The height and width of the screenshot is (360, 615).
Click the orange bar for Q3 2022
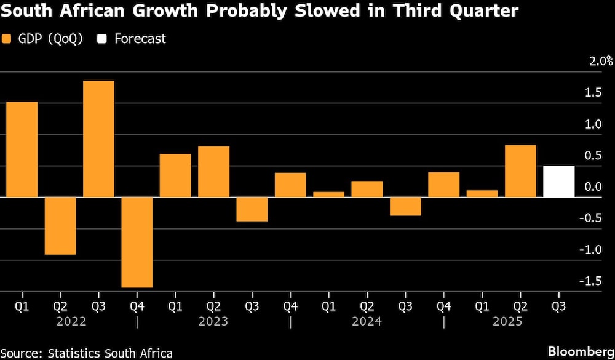(x=98, y=139)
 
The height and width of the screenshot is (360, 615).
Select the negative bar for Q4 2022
(x=137, y=242)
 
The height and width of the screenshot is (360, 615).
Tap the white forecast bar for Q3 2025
(x=558, y=182)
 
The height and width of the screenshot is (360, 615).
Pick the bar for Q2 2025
(x=520, y=171)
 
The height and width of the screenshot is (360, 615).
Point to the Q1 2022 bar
(x=22, y=150)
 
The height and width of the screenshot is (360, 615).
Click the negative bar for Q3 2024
(x=405, y=207)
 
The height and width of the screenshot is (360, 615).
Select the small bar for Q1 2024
(x=328, y=194)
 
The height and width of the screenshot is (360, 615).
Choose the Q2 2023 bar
(x=213, y=172)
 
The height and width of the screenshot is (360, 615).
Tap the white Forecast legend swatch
(x=102, y=39)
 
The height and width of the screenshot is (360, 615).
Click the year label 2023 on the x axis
(x=213, y=321)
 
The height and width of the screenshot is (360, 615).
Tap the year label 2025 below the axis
(x=520, y=321)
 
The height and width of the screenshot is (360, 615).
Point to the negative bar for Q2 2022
(x=60, y=226)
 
